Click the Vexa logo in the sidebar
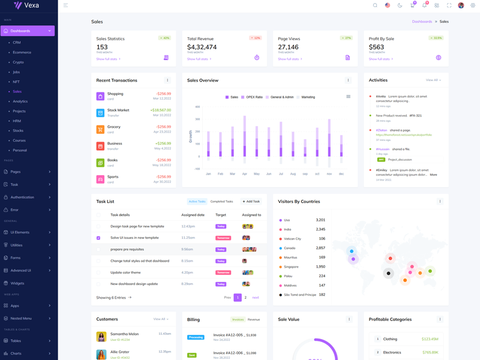pos(26,5)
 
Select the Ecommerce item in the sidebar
pos(22,52)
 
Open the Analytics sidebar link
pos(20,101)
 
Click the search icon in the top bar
pos(375,5)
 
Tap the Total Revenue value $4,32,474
pos(202,47)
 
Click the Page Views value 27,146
pos(288,47)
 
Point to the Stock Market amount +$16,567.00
pos(161,110)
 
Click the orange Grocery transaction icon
pos(100,130)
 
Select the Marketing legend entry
pos(308,97)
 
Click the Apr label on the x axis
pos(245,174)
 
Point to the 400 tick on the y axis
pos(197,107)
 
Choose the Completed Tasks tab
pos(221,202)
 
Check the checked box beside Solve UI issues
pos(98,238)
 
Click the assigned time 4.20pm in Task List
pos(187,272)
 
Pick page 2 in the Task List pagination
pos(245,298)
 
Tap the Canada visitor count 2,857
pos(320,248)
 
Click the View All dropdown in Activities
pos(433,80)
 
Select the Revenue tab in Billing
pos(254,320)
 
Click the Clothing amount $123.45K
pos(430,339)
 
